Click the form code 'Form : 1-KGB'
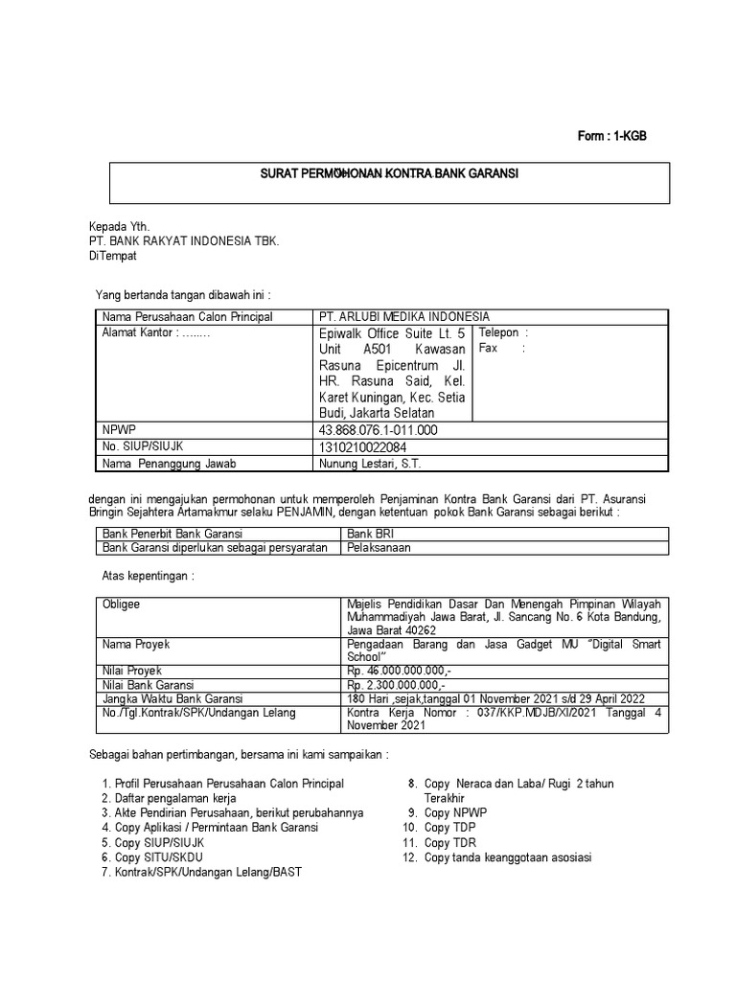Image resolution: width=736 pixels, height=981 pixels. [x=611, y=136]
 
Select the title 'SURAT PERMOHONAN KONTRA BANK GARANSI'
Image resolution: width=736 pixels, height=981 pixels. [x=390, y=175]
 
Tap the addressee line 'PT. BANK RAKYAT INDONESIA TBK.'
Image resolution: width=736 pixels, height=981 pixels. [x=184, y=241]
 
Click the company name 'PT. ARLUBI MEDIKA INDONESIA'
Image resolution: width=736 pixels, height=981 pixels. [x=403, y=317]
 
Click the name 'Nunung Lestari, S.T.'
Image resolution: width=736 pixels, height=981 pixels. [x=369, y=465]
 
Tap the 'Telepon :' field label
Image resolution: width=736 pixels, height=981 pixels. [x=503, y=332]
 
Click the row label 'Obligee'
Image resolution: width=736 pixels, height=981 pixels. [x=121, y=605]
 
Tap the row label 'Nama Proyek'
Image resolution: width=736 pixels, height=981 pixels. [x=136, y=645]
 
